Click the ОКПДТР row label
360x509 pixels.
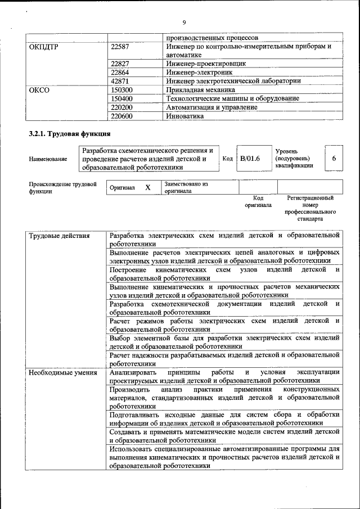[x=44, y=47]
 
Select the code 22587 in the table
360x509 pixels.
[x=121, y=47]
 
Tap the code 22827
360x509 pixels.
[x=121, y=64]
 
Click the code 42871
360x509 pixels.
[x=121, y=80]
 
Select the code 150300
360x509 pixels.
[x=123, y=89]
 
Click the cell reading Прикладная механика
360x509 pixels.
[x=200, y=89]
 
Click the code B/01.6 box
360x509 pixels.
[x=250, y=159]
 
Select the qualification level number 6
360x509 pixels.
[x=334, y=159]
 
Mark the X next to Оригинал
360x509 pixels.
[x=148, y=188]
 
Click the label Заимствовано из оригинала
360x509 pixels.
[x=186, y=187]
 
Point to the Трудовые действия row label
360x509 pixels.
[x=60, y=236]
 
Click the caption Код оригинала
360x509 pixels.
[x=258, y=201]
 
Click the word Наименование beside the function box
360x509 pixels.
[x=48, y=159]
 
